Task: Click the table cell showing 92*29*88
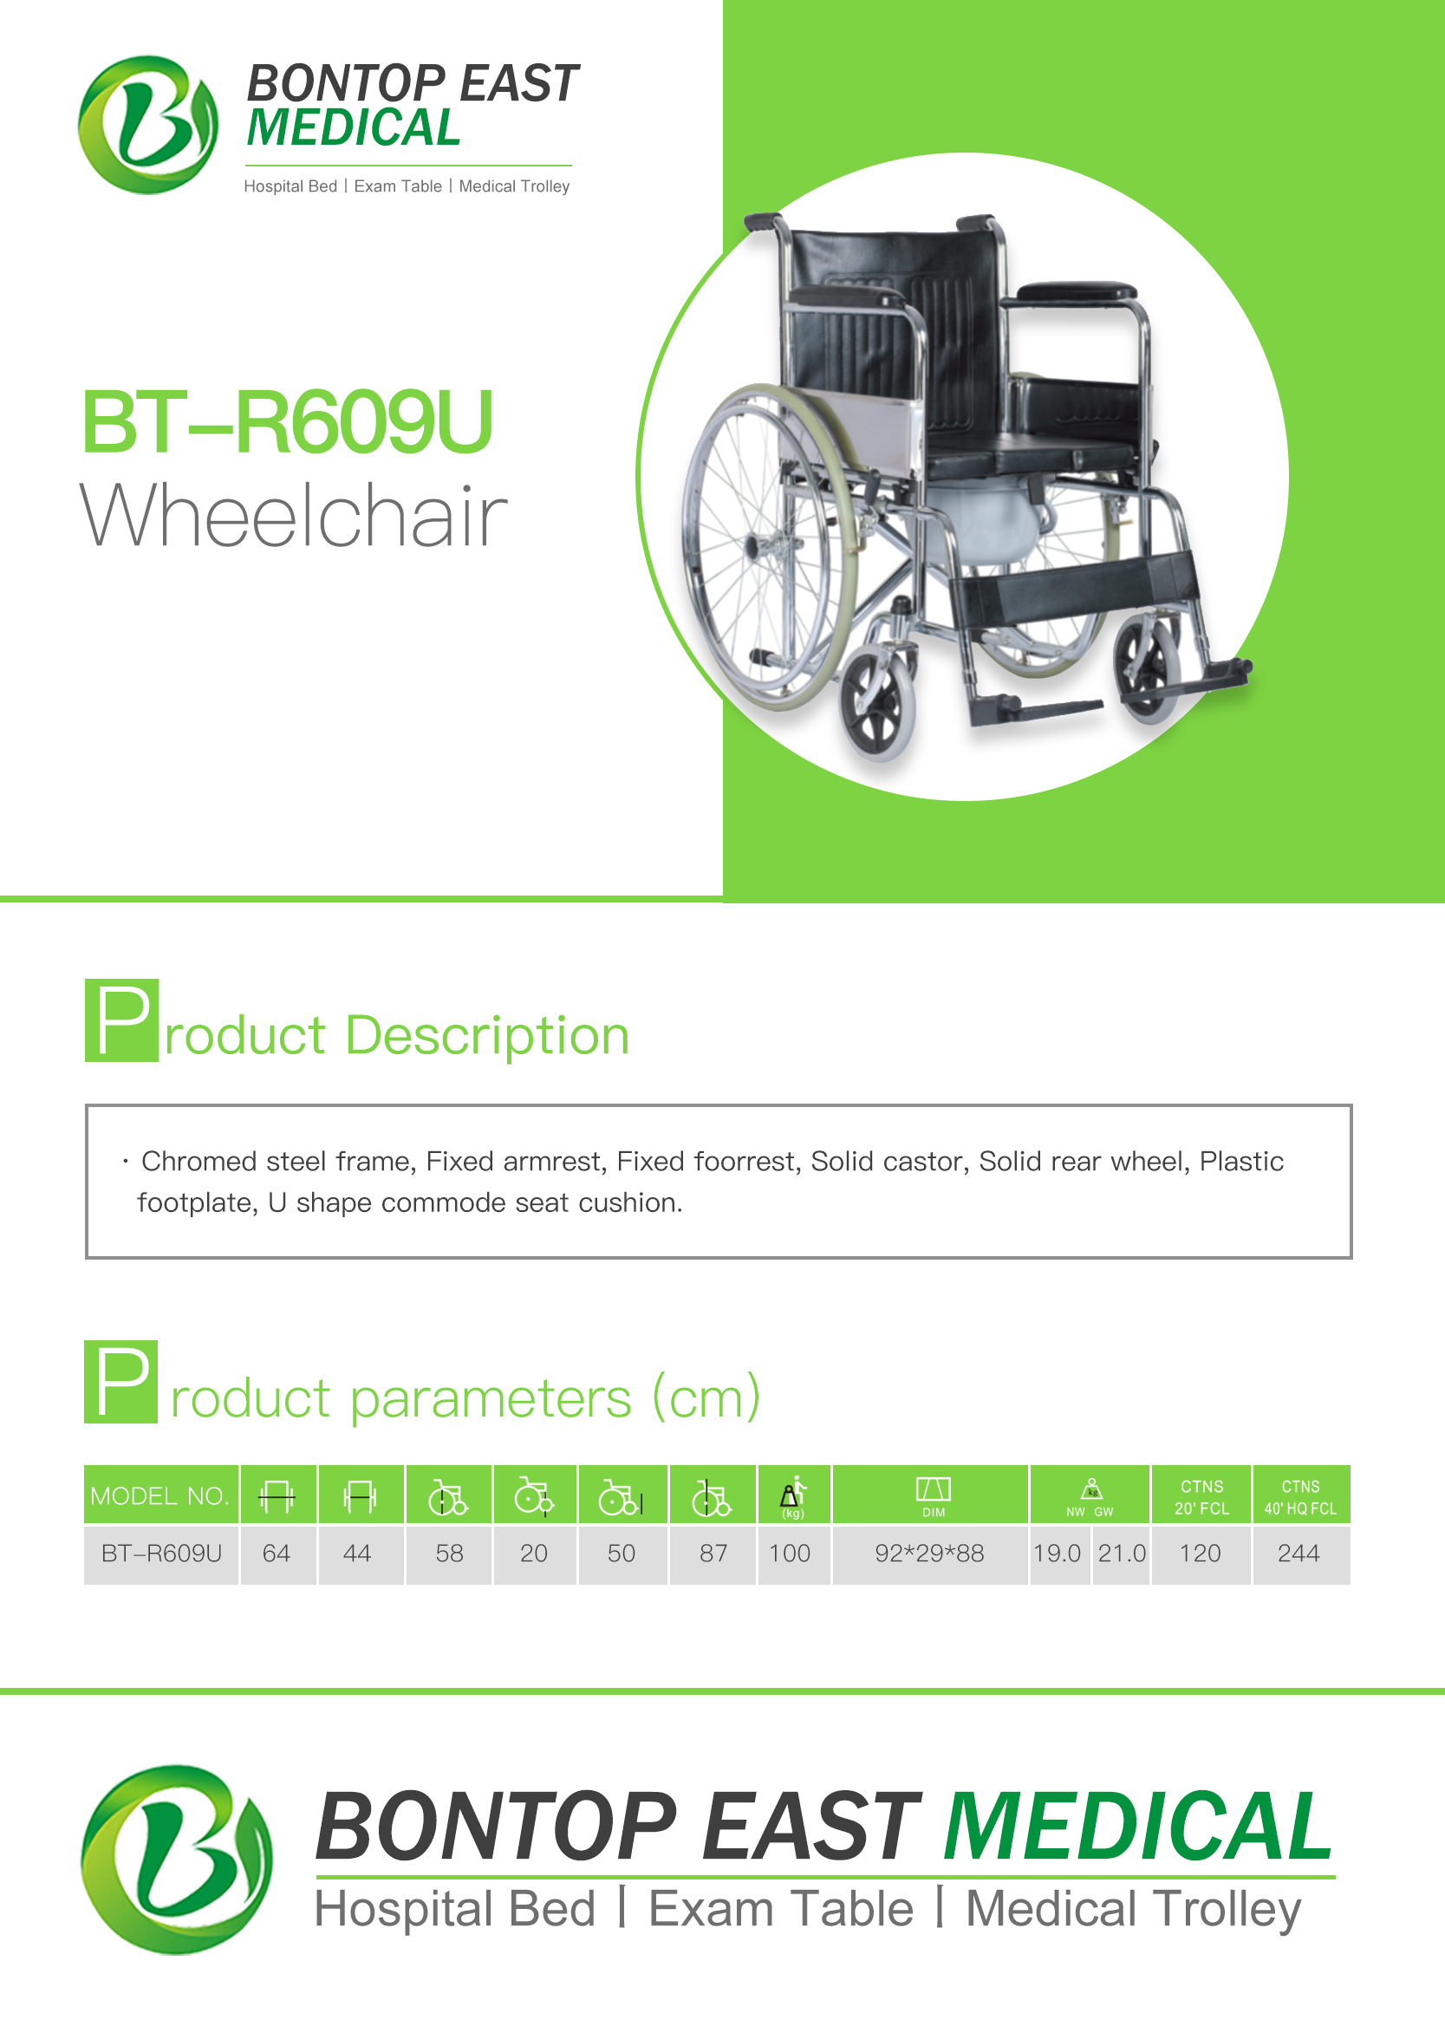(929, 1554)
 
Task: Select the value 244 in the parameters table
(1299, 1554)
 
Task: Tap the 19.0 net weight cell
(1057, 1554)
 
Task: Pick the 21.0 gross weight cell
(1122, 1554)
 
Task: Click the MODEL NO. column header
(160, 1495)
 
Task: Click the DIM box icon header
(934, 1495)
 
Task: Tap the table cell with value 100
(791, 1554)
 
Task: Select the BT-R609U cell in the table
(161, 1554)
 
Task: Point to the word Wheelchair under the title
(294, 515)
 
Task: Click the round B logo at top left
(147, 125)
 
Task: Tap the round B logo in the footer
(177, 1860)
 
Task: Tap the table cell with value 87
(713, 1554)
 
